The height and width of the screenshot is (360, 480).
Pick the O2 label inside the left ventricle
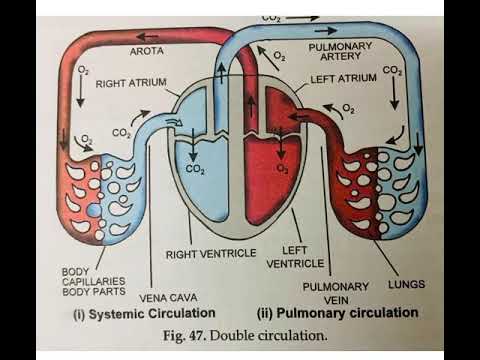(282, 170)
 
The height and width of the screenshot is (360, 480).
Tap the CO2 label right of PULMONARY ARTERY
(393, 72)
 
